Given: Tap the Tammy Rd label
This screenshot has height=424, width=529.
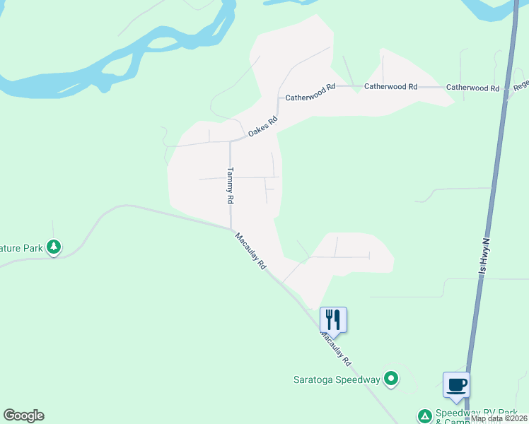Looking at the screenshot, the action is (230, 185).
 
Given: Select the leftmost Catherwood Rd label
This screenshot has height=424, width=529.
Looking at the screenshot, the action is (310, 92).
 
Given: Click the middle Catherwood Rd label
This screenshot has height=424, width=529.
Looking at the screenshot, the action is (390, 86).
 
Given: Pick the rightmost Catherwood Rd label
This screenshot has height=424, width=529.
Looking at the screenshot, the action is (472, 88).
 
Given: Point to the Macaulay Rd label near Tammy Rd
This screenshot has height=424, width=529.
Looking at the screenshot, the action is (251, 252).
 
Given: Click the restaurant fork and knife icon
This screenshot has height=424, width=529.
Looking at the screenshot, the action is (333, 319).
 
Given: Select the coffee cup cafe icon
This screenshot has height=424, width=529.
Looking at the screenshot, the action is (456, 384).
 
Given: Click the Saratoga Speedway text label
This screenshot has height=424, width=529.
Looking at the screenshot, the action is (337, 379).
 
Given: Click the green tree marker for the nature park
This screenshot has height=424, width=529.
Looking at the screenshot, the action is (54, 247).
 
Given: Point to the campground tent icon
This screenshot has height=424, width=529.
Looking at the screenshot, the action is (424, 416).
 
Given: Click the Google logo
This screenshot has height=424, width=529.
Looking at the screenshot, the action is (23, 416).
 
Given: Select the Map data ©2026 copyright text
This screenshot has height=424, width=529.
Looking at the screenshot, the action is (499, 418).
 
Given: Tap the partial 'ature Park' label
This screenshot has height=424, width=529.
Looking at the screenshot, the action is (21, 247).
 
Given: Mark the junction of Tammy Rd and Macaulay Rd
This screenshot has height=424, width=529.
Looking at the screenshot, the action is (231, 228).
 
